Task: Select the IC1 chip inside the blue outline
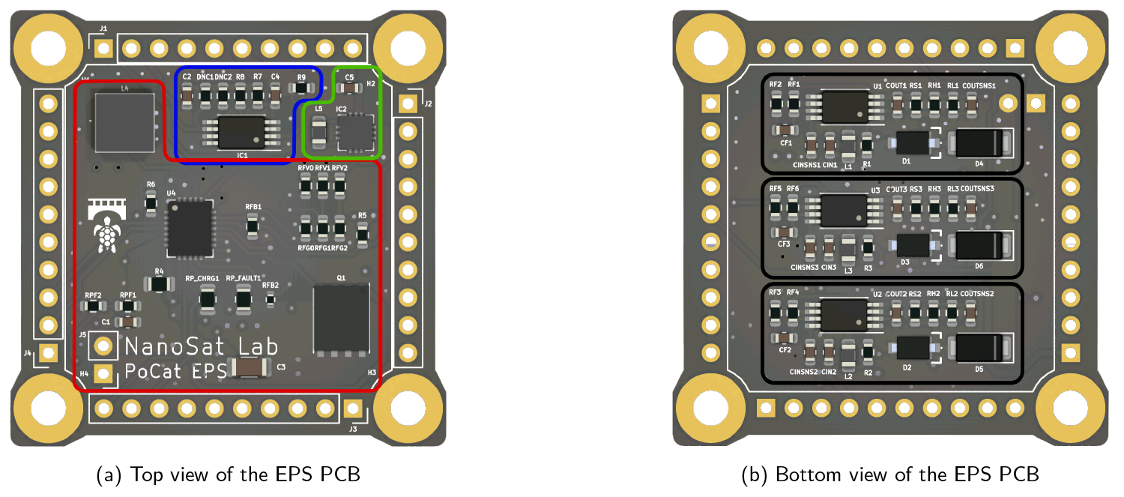241,132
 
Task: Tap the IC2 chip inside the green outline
355,132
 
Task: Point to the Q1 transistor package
341,319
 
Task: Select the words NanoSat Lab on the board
201,346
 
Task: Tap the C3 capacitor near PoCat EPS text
254,367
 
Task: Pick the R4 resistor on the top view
159,284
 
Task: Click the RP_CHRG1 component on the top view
207,299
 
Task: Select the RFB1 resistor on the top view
253,224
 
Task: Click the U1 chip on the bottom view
843,106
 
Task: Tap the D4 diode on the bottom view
979,142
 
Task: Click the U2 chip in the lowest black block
843,314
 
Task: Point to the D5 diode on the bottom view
979,349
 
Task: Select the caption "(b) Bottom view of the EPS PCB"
889,475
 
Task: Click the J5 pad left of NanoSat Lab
104,346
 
